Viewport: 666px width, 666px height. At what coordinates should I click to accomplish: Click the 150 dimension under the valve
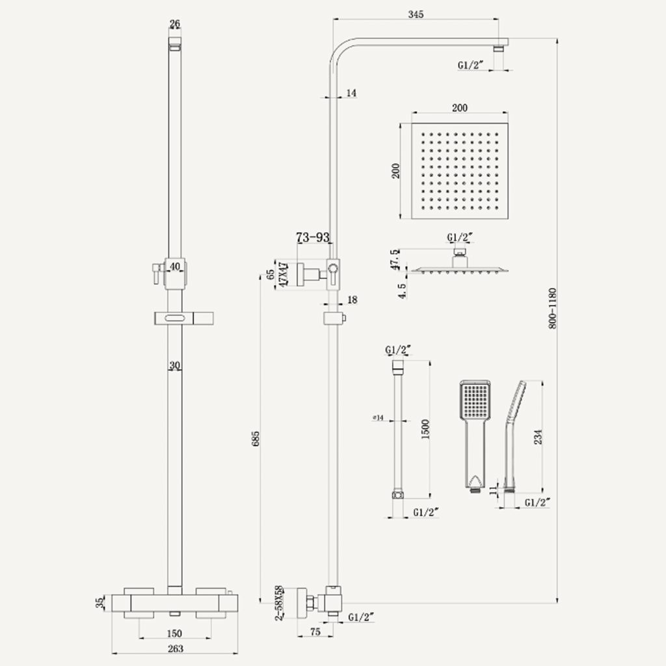(x=174, y=633)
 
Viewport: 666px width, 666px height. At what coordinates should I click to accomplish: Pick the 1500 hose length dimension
(x=425, y=429)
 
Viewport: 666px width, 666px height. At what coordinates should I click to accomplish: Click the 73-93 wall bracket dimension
(x=313, y=238)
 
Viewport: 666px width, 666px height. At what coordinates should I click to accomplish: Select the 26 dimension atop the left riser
(x=174, y=25)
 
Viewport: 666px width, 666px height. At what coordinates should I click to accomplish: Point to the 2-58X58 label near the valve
(x=279, y=602)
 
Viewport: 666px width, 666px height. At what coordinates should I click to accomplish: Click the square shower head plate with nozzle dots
(x=459, y=172)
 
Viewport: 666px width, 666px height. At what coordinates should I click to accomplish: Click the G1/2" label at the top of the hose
(x=399, y=349)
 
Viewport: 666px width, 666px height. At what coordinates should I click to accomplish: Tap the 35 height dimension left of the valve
(x=100, y=602)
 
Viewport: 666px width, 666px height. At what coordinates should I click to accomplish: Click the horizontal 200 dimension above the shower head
(x=459, y=108)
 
